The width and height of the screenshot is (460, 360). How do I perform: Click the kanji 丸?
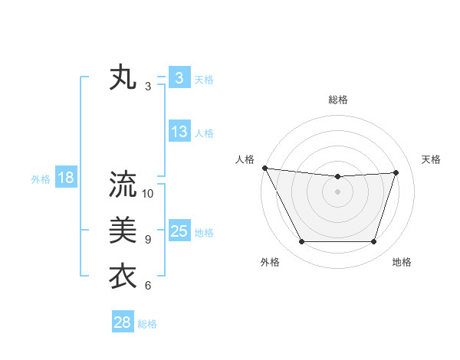[x=123, y=79]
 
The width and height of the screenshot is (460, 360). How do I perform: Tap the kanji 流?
[x=123, y=185]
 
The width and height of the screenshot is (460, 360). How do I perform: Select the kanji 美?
[x=123, y=231]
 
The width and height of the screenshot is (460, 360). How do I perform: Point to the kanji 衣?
[x=123, y=276]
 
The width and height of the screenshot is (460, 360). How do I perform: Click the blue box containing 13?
[x=179, y=132]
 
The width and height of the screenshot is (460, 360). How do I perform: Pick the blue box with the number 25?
[x=179, y=231]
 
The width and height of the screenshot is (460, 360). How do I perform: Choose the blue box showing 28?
[x=123, y=322]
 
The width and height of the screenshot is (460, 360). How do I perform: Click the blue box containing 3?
[x=179, y=78]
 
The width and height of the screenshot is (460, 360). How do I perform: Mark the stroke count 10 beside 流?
[x=148, y=194]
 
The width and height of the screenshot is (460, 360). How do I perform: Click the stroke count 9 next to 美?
[x=148, y=240]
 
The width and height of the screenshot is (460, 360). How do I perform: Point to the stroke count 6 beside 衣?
[x=148, y=286]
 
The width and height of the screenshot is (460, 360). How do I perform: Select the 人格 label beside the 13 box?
[x=204, y=133]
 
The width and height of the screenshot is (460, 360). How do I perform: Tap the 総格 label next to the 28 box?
[x=147, y=324]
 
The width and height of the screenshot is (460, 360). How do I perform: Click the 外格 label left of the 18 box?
[x=41, y=179]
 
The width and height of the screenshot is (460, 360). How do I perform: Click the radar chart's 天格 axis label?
[x=431, y=159]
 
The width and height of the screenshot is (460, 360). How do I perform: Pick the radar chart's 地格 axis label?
[x=402, y=262]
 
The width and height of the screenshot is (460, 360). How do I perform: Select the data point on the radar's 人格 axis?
[x=264, y=168]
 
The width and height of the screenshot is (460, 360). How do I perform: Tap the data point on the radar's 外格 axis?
[x=301, y=242]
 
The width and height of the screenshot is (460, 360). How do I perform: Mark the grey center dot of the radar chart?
[x=337, y=191]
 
